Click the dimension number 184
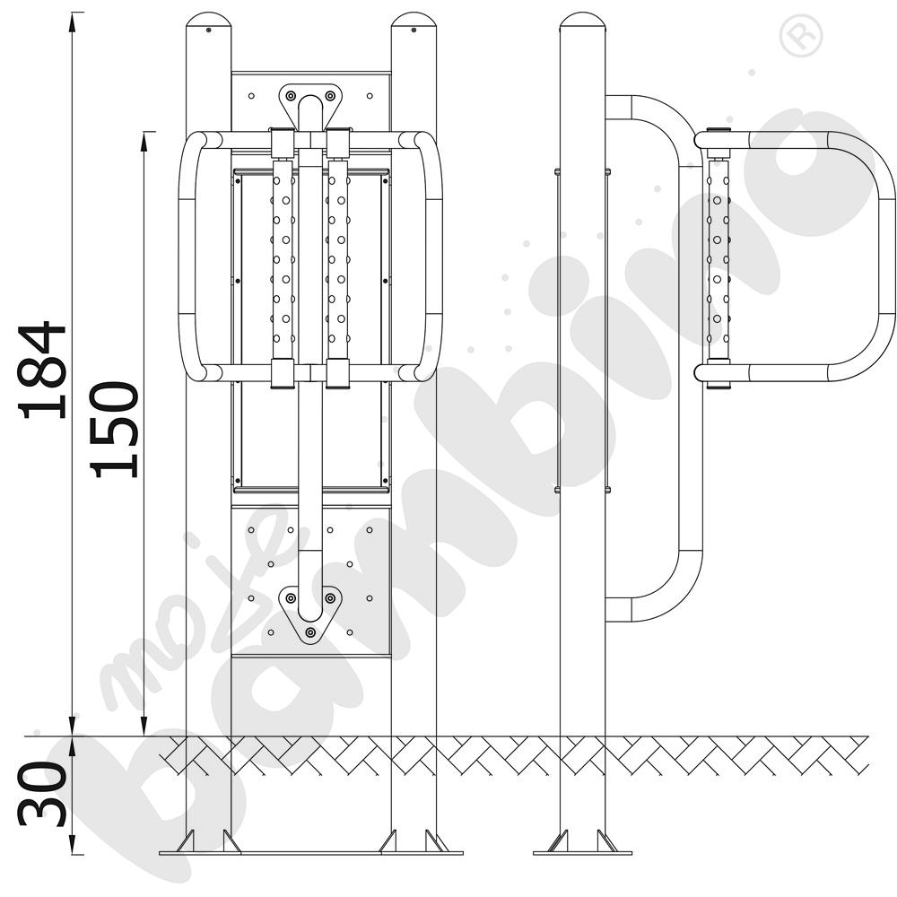click(x=43, y=370)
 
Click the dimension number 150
click(x=115, y=429)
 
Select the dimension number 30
click(x=43, y=794)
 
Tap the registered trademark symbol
click(x=801, y=36)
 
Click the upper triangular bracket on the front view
click(x=310, y=103)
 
